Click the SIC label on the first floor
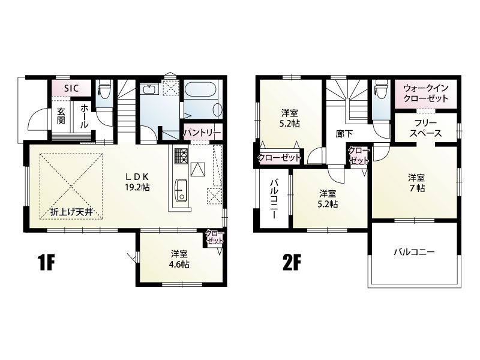pos(71,88)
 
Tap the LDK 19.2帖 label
pos(137,182)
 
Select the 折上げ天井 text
pos(71,212)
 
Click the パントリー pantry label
pos(202,133)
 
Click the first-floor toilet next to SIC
pos(104,89)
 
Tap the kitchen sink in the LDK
pos(181,190)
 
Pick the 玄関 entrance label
pos(61,115)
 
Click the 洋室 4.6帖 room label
pos(179,259)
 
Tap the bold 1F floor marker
pos(47,263)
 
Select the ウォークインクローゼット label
pos(426,93)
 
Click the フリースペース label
pos(425,128)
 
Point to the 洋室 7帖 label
pos(416,183)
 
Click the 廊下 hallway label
pos(344,134)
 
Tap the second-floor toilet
pos(380,89)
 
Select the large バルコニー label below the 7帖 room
pos(414,253)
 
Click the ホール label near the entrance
pos(85,116)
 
